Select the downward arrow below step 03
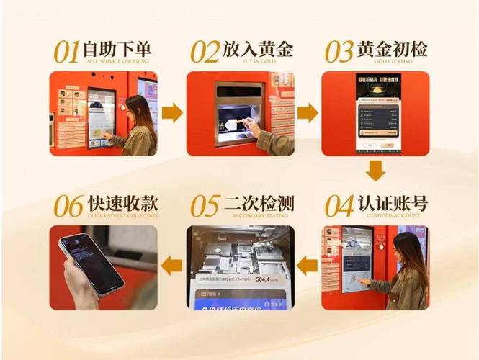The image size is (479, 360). [x=375, y=171]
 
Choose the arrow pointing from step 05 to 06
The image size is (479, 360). [x=171, y=266]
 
